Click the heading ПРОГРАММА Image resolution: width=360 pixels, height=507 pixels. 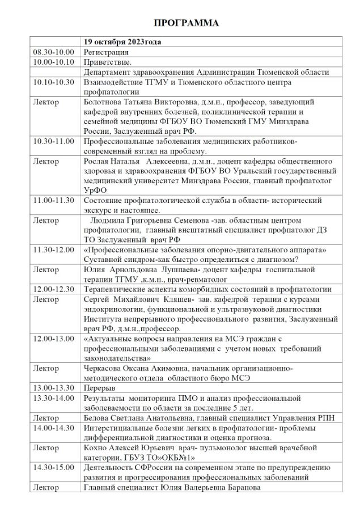point(187,23)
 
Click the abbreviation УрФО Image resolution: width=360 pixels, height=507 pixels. point(94,191)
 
